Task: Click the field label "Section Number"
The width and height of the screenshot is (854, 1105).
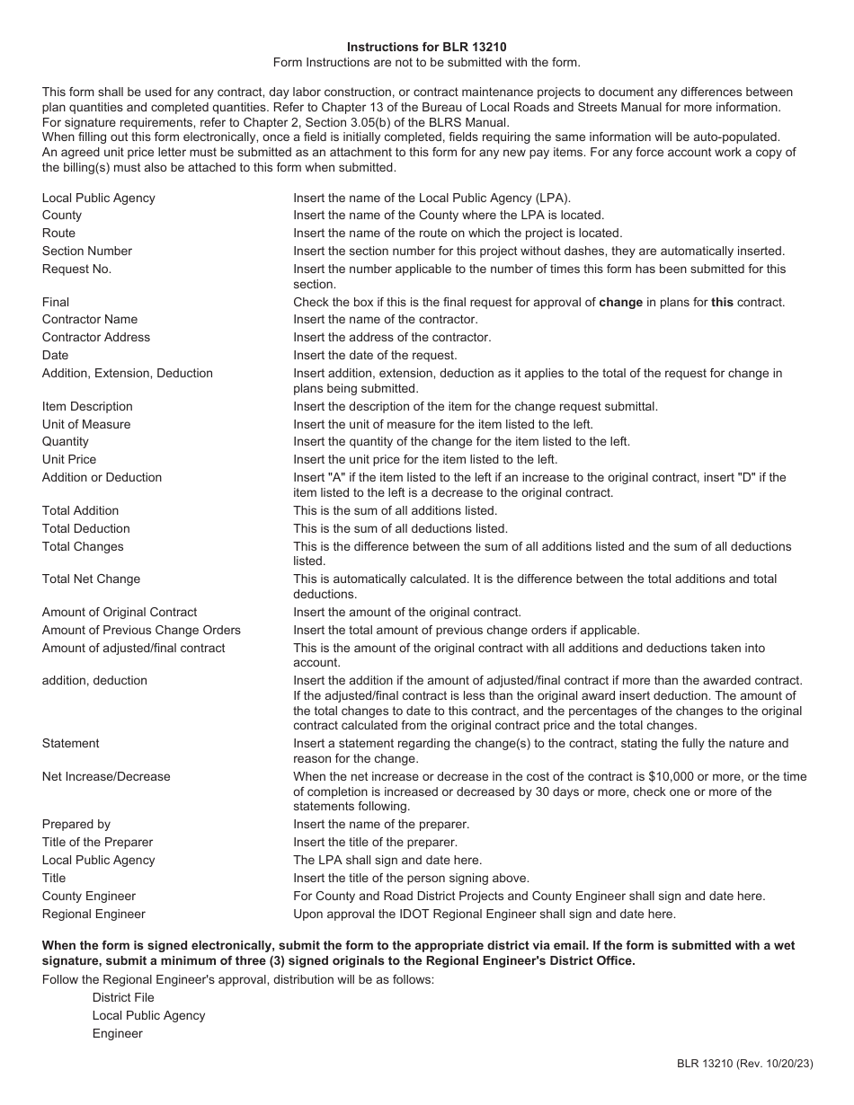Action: pyautogui.click(x=86, y=251)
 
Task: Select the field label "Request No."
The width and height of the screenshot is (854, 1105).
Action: pyautogui.click(x=76, y=269)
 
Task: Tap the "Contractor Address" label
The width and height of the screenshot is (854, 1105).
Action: pyautogui.click(x=96, y=337)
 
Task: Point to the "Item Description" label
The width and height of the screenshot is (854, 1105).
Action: pyautogui.click(x=87, y=406)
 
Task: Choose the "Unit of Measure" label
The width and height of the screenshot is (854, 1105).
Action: pyautogui.click(x=86, y=424)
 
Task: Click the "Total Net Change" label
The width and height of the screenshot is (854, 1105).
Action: pyautogui.click(x=91, y=579)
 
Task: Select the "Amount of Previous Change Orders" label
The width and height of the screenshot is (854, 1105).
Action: pyautogui.click(x=141, y=630)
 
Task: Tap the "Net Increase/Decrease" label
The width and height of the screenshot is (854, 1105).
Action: pyautogui.click(x=106, y=776)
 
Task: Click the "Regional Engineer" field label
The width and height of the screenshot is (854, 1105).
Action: pyautogui.click(x=93, y=914)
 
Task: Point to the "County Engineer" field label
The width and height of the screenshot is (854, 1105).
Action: pyautogui.click(x=89, y=896)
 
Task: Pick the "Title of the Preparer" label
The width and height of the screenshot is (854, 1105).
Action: pyautogui.click(x=97, y=842)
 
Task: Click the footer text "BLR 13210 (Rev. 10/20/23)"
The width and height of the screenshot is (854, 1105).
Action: pyautogui.click(x=745, y=1064)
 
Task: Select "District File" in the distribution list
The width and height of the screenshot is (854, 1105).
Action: pyautogui.click(x=123, y=997)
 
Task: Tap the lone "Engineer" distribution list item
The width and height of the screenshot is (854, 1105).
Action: pyautogui.click(x=117, y=1033)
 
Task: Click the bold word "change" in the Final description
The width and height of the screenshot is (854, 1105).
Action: pyautogui.click(x=620, y=302)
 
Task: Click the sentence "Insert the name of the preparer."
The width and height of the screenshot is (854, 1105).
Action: pyautogui.click(x=381, y=824)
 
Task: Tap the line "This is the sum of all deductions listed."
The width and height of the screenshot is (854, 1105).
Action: pyautogui.click(x=400, y=528)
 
